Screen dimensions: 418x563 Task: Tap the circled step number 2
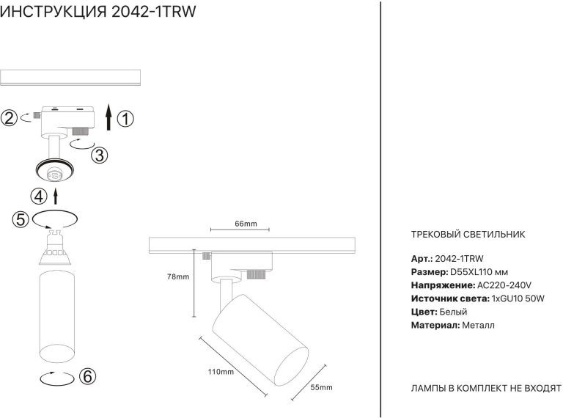click(x=9, y=118)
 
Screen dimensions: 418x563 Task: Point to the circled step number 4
click(x=39, y=196)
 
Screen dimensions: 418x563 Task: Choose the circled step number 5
click(x=21, y=219)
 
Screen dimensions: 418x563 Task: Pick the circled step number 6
click(x=87, y=377)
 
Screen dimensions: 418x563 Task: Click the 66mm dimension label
click(x=246, y=224)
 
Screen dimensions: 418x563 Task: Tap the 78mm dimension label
click(x=178, y=277)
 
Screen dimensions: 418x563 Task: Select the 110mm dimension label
click(x=221, y=373)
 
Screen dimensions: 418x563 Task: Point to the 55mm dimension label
click(x=321, y=387)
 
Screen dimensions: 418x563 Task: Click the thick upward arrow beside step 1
click(x=108, y=117)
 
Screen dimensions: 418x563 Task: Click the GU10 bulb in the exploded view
click(x=56, y=250)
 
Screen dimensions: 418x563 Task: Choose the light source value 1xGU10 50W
click(x=518, y=298)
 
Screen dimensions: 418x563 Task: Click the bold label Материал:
click(x=435, y=325)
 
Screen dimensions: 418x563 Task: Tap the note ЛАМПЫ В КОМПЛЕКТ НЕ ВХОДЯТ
click(x=485, y=387)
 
